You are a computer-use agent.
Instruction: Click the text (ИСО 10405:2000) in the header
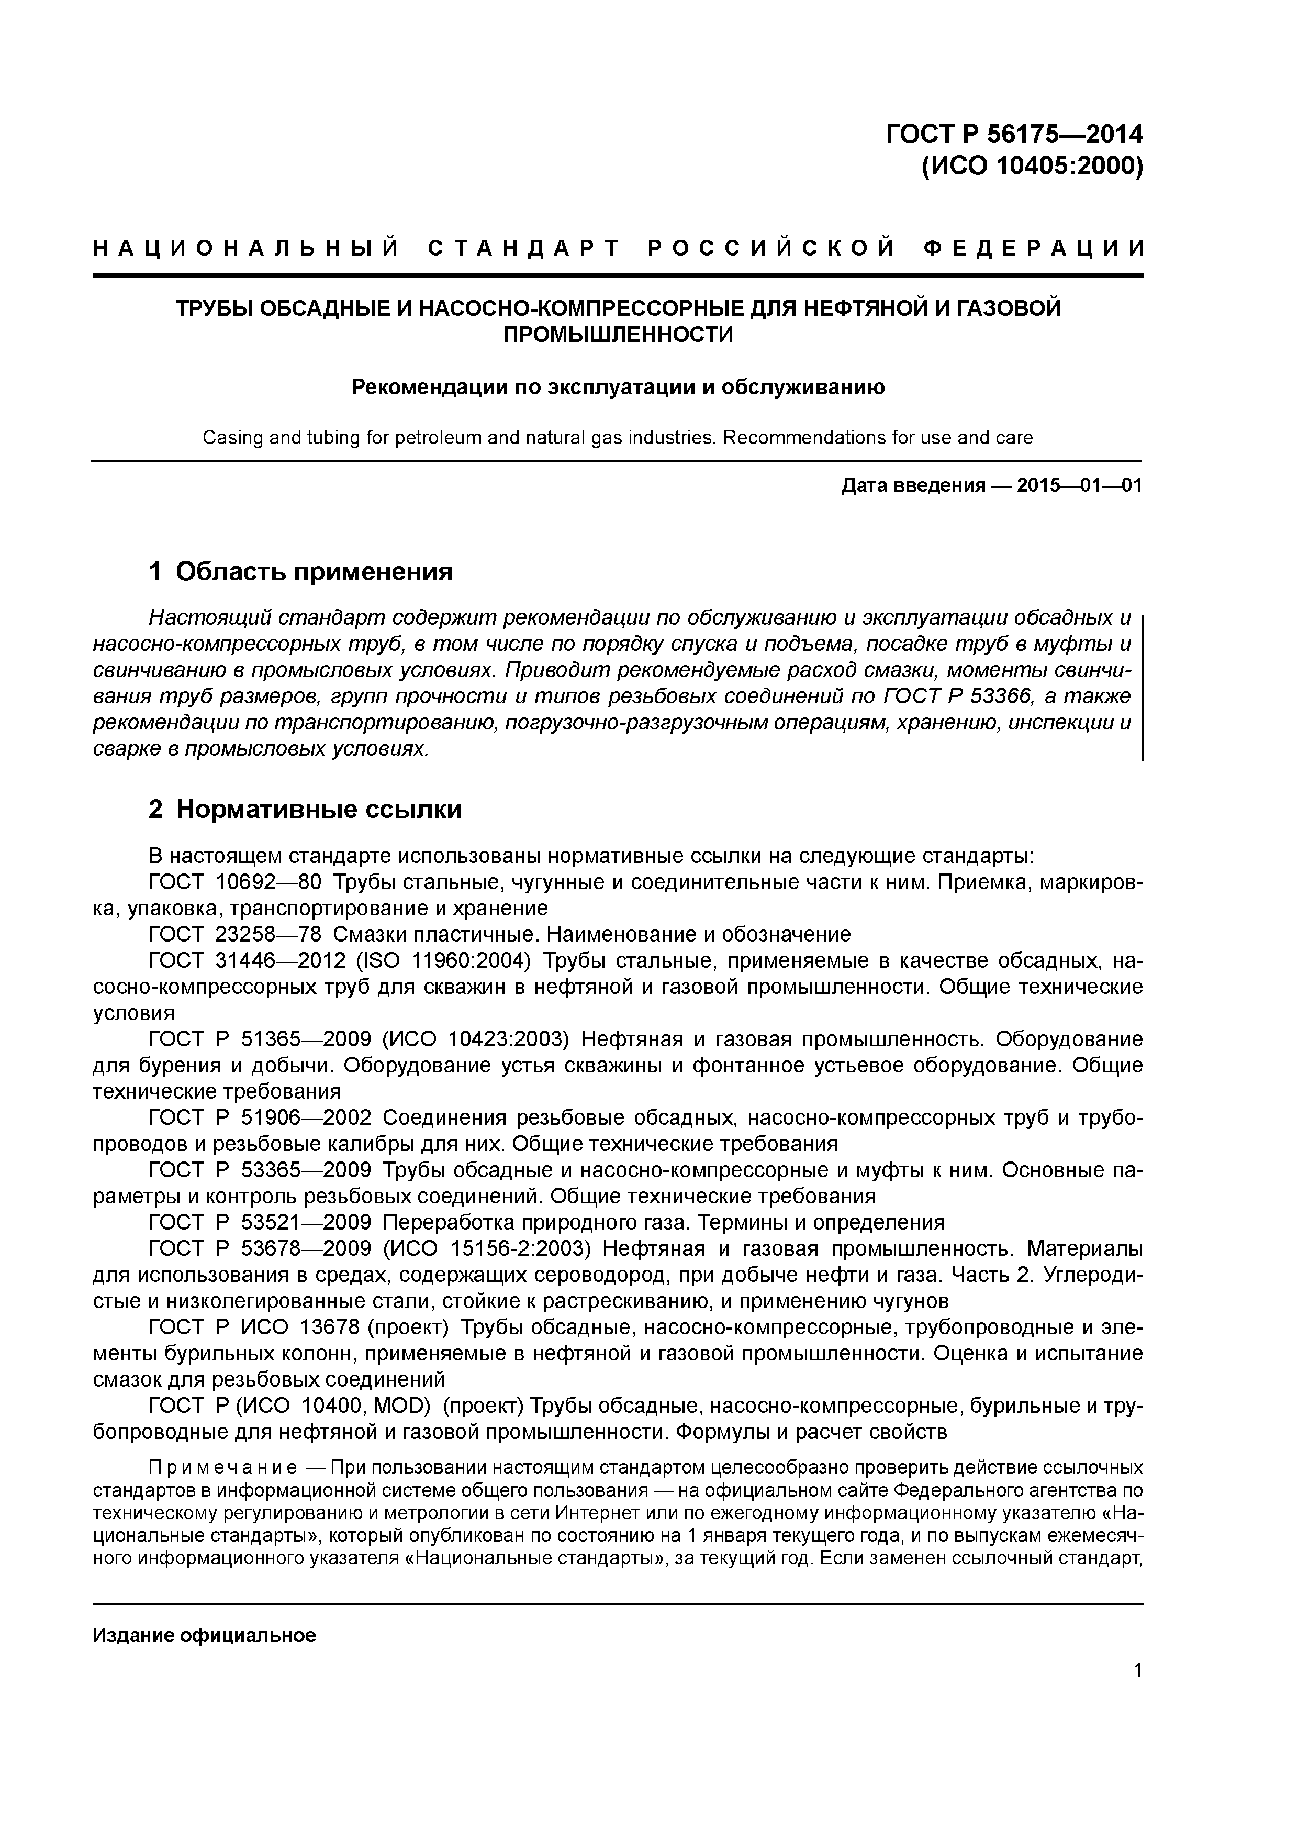1032,167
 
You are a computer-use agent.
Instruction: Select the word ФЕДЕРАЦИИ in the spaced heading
1033,249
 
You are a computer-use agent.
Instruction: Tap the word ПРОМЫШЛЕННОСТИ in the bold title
618,335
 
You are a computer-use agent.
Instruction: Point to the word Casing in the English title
230,438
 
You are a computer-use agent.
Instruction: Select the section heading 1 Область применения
301,571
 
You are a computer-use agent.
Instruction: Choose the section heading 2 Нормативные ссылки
306,810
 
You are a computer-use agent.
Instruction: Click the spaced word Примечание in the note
223,1468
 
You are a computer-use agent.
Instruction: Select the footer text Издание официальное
204,1635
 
